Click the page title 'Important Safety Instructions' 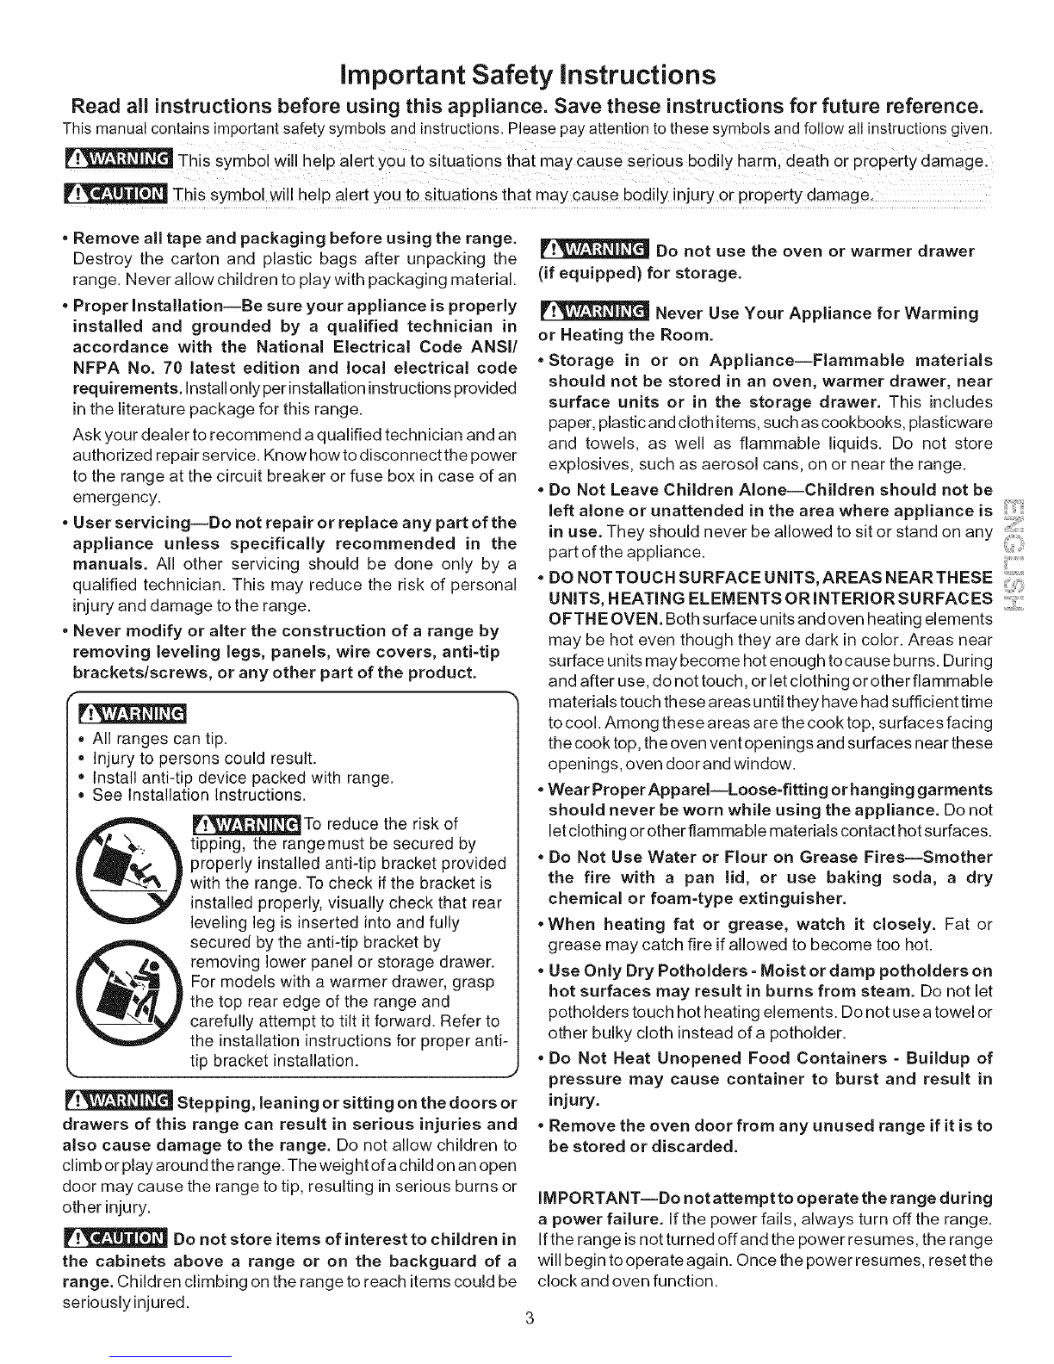pos(528,75)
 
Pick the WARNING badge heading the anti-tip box pos(133,713)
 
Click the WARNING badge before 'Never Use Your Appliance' pos(593,312)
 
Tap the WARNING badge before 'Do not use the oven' pos(593,251)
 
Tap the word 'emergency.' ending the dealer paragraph pos(117,498)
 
